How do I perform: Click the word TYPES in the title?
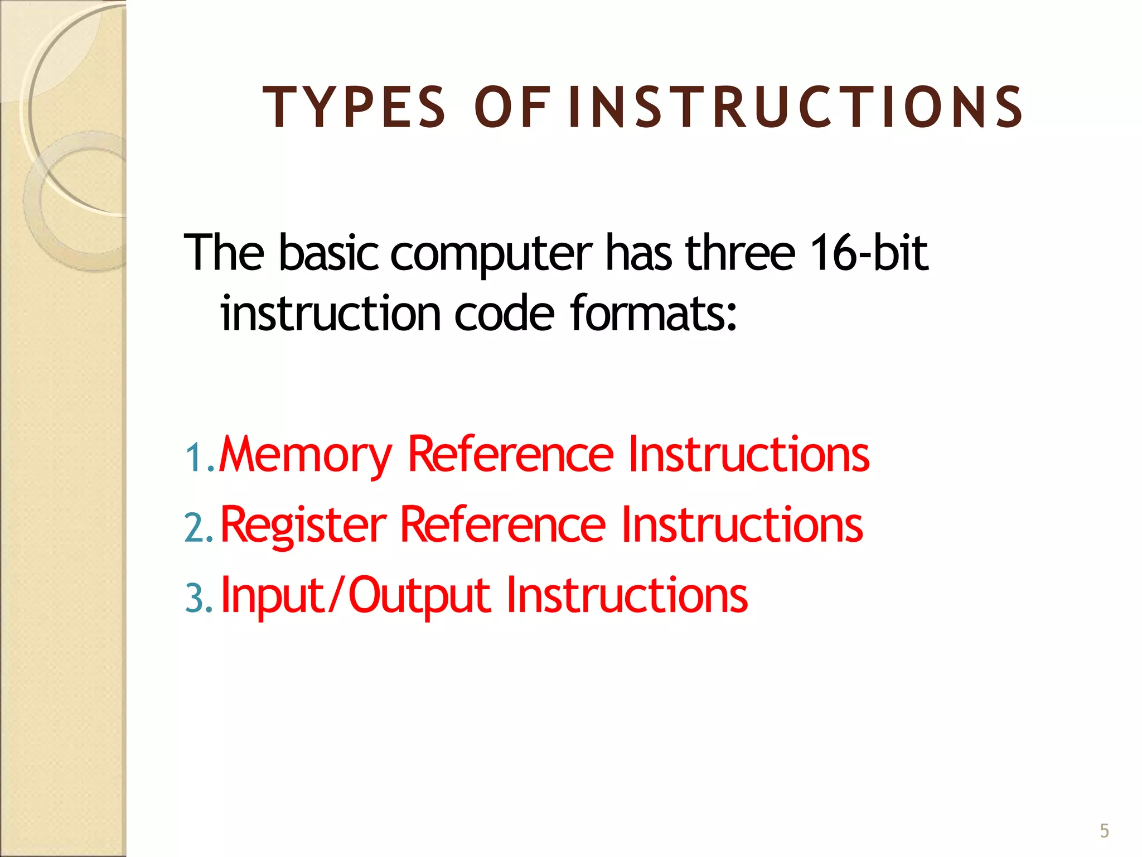(354, 107)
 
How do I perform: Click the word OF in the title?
(510, 107)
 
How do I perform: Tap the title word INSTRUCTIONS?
(795, 107)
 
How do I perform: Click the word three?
(740, 253)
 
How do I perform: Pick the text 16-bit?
(869, 253)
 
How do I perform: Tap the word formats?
(654, 313)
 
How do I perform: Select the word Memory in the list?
(306, 455)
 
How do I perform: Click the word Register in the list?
(303, 524)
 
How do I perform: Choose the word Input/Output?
(356, 596)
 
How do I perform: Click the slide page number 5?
(1104, 831)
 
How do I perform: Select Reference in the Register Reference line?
(502, 524)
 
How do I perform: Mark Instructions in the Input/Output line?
(627, 595)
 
